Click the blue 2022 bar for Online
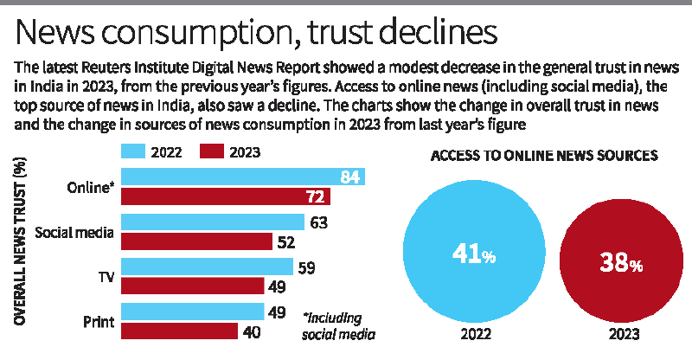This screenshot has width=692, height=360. point(242,177)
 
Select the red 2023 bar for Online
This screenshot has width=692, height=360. point(226,196)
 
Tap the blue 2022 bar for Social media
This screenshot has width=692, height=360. point(213,222)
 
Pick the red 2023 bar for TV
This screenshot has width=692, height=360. point(192,286)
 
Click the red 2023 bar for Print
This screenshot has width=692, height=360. point(179,331)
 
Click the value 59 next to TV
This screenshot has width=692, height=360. point(306,267)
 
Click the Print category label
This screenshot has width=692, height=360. point(100,322)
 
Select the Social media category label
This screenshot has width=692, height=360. point(76,232)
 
